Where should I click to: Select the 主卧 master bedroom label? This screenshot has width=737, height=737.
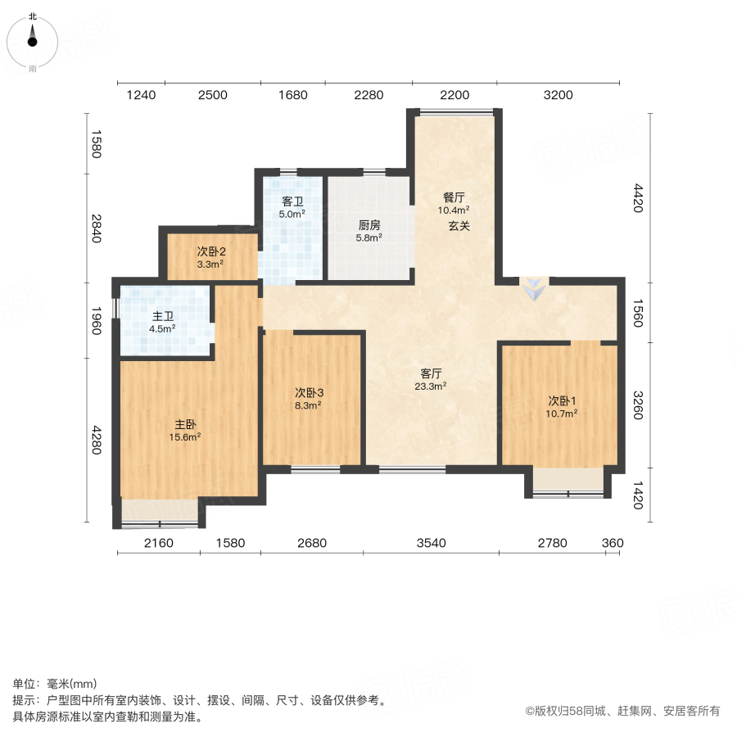tap(185, 424)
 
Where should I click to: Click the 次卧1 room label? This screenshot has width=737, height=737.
tap(563, 400)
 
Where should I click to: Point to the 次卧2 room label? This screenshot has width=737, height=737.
tap(210, 251)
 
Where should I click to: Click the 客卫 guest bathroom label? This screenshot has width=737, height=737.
tap(293, 201)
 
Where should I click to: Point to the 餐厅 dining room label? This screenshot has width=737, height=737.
tap(454, 197)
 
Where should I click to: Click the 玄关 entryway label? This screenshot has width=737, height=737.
tap(459, 226)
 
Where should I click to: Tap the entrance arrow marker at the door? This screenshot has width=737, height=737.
tap(533, 288)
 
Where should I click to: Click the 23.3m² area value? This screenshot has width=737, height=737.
tap(432, 387)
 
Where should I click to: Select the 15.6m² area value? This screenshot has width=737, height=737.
tap(186, 437)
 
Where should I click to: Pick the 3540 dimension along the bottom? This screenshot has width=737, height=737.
tap(431, 543)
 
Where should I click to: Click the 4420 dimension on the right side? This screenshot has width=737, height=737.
tap(638, 199)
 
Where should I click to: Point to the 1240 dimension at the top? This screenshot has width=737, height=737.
tap(141, 95)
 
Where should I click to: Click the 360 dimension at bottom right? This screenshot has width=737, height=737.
tap(613, 543)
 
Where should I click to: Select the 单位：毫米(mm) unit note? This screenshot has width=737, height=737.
tap(55, 685)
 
